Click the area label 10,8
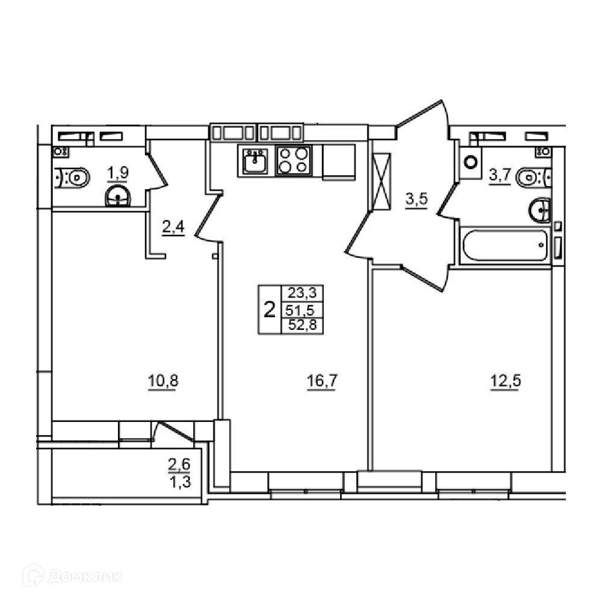[x=163, y=381]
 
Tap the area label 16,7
[x=321, y=381]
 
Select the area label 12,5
[x=506, y=381]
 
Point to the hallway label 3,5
[x=417, y=200]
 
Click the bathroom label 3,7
[x=500, y=176]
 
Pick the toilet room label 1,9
[x=117, y=173]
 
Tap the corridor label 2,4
[x=173, y=228]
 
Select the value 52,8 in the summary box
[x=303, y=326]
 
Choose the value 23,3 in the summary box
[x=302, y=293]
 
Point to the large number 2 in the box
[x=270, y=309]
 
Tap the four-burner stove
[x=294, y=160]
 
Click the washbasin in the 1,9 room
[x=118, y=196]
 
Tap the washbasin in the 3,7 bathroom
[x=540, y=210]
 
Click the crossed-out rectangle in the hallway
[x=382, y=181]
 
